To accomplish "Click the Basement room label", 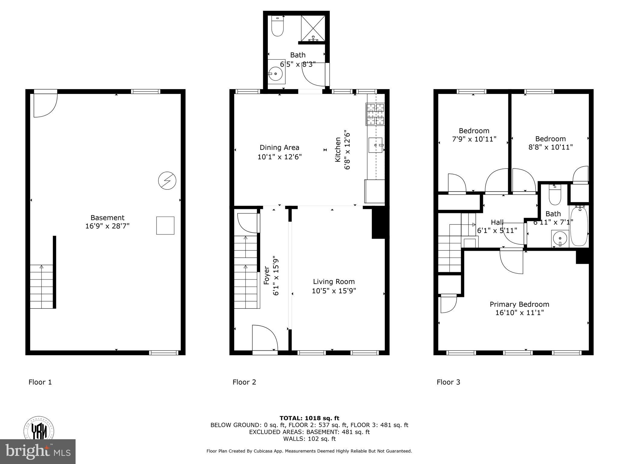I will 107,217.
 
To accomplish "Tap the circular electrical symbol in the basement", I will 167,181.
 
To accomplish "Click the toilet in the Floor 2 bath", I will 277,26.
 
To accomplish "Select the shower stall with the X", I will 313,28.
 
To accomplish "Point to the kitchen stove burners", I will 375,114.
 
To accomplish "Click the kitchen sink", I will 375,145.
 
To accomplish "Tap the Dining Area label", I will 279,147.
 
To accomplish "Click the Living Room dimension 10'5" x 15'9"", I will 334,291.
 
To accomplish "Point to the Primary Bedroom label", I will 519,304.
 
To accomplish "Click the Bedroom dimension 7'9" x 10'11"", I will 474,139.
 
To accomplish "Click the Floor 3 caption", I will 448,382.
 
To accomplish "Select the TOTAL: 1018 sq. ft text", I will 309,418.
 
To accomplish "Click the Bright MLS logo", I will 38,451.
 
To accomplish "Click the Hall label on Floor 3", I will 497,222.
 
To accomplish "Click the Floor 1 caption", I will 40,382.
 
